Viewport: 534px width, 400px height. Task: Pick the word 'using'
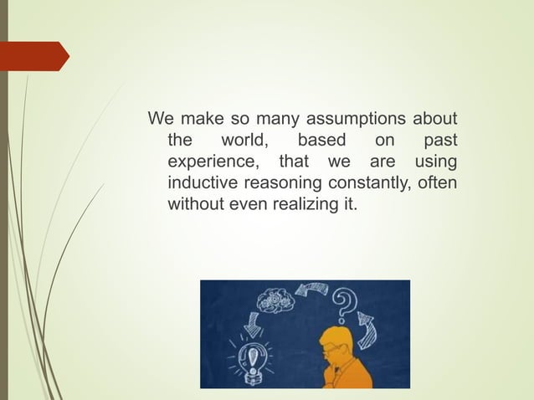click(435, 161)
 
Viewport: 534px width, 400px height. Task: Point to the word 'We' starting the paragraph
click(159, 117)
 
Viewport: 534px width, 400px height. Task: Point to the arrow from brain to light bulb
click(252, 321)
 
